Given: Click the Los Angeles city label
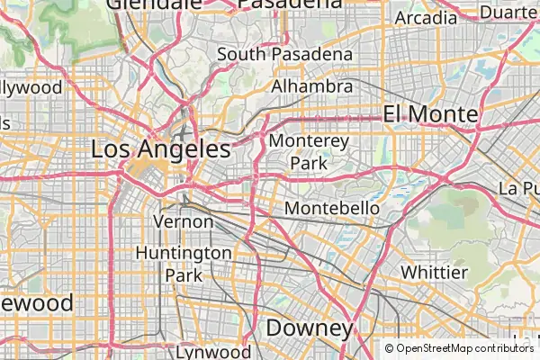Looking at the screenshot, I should pyautogui.click(x=160, y=149).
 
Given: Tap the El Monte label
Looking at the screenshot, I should pyautogui.click(x=429, y=114).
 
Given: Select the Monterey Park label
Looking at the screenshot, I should pyautogui.click(x=308, y=152).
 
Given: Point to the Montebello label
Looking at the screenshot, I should pyautogui.click(x=332, y=209).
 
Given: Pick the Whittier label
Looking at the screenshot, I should pyautogui.click(x=434, y=272).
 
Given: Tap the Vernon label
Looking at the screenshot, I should pyautogui.click(x=184, y=221).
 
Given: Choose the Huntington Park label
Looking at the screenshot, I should pyautogui.click(x=184, y=264).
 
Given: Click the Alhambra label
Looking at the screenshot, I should pyautogui.click(x=311, y=86).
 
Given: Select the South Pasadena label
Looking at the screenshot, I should pyautogui.click(x=284, y=55).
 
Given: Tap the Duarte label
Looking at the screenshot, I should pyautogui.click(x=508, y=13).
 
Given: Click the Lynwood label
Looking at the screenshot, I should pyautogui.click(x=213, y=352).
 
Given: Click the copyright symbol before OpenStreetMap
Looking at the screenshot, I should pyautogui.click(x=390, y=348).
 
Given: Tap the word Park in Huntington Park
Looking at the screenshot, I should pyautogui.click(x=184, y=274).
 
